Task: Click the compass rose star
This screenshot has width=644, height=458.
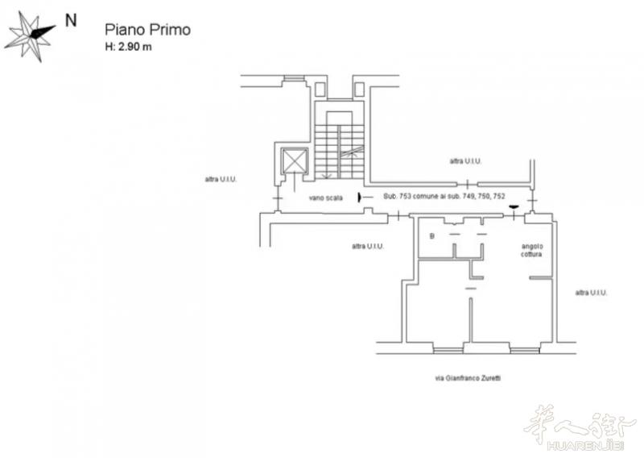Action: pos(31,35)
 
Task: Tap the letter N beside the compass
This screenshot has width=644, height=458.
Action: pos(71,21)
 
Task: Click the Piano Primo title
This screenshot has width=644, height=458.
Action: pos(147,30)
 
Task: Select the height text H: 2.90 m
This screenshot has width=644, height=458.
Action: pos(128,47)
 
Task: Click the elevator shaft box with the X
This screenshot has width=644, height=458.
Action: pos(295,160)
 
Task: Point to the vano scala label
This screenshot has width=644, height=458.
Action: pos(326,198)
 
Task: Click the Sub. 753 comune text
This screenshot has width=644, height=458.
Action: pos(444,196)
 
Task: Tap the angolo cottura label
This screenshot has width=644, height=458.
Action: pos(531,250)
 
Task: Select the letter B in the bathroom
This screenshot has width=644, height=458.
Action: pos(431,236)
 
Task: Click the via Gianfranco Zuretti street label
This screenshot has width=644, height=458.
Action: pos(468,377)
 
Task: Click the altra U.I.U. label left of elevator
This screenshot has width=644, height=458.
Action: pos(221,180)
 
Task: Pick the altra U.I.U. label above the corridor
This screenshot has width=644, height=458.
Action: pos(465,161)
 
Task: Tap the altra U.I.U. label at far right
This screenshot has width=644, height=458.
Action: pos(591,293)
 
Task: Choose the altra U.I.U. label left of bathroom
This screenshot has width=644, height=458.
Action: pos(368,246)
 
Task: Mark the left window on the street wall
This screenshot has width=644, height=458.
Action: pos(448,350)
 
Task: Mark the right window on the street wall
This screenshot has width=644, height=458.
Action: pos(525,350)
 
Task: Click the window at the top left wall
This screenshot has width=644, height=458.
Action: pos(294,78)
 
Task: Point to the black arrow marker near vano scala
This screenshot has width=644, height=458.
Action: pos(360,198)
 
